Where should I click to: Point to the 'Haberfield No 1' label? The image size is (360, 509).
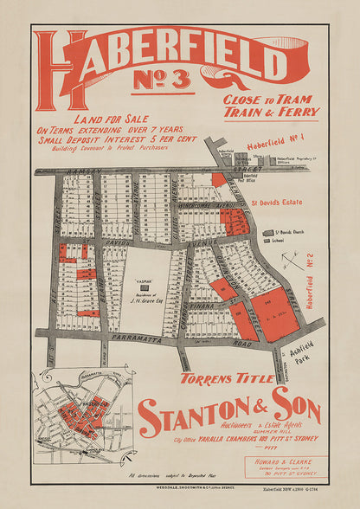[277, 146]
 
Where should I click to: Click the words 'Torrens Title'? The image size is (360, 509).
[220, 377]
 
